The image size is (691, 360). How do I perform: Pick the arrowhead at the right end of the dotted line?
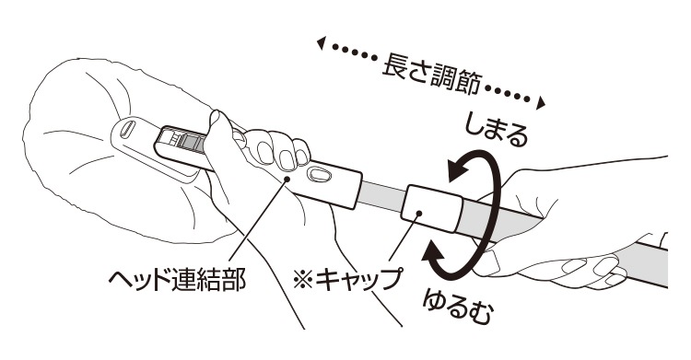coord(545,102)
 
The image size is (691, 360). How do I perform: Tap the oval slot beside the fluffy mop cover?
coord(129,128)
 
